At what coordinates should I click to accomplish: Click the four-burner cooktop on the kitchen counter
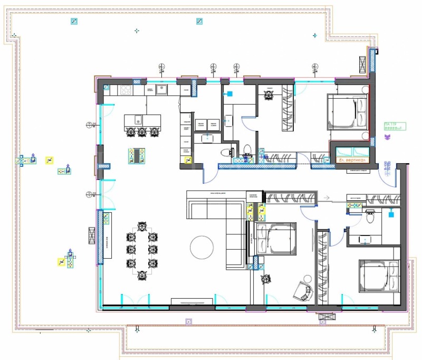pyautogui.click(x=126, y=90)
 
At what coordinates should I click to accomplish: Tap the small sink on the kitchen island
pyautogui.click(x=138, y=119)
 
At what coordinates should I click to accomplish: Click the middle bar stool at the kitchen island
pyautogui.click(x=142, y=131)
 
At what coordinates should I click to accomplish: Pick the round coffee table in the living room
pyautogui.click(x=202, y=247)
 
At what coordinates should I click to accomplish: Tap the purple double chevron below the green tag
pyautogui.click(x=388, y=137)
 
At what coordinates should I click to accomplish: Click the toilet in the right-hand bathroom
pyautogui.click(x=370, y=215)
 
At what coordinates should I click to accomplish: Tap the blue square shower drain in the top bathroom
pyautogui.click(x=229, y=95)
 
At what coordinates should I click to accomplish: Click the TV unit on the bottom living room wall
pyautogui.click(x=192, y=302)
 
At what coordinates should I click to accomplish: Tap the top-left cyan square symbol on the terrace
pyautogui.click(x=74, y=22)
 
